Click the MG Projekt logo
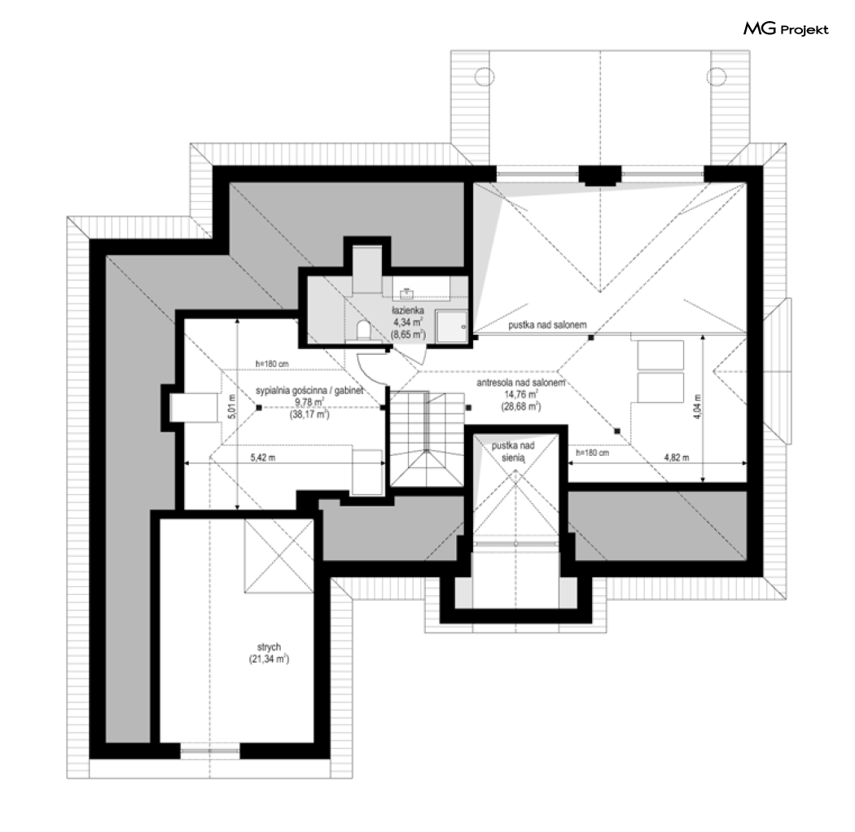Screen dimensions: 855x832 (x=786, y=28)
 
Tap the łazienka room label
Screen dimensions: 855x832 (x=408, y=310)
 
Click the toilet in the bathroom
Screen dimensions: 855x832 (x=362, y=330)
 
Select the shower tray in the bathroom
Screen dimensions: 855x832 (x=451, y=326)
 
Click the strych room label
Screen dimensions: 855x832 (x=269, y=646)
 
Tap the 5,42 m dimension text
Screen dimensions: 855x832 (x=263, y=458)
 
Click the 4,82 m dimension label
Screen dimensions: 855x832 (x=676, y=458)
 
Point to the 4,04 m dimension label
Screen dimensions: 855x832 (x=697, y=406)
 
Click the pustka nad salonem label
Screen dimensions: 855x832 (x=547, y=325)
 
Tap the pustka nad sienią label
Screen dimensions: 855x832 (x=513, y=452)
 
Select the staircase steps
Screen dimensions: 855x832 (x=426, y=438)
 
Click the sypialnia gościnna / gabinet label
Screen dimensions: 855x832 (x=309, y=391)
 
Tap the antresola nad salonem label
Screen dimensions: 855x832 (x=521, y=383)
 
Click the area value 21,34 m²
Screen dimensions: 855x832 (x=269, y=659)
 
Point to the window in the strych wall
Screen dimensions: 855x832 (x=210, y=751)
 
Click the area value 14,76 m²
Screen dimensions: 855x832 (x=522, y=394)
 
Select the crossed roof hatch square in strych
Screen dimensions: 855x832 (x=279, y=555)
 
